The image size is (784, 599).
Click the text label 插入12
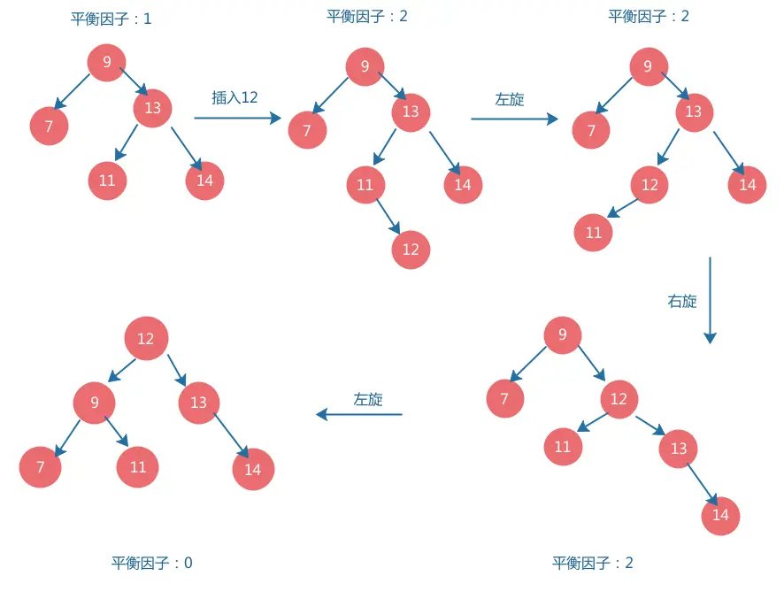point(234,97)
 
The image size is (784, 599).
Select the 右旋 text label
point(681,301)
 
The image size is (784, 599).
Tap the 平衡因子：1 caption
point(111,19)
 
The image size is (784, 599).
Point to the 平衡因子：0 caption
point(151,563)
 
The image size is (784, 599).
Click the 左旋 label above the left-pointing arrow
point(368,399)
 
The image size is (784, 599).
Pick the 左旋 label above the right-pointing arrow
point(510,99)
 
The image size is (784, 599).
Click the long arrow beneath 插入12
point(237,117)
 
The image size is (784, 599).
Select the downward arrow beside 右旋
point(709,300)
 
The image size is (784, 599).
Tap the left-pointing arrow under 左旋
point(359,414)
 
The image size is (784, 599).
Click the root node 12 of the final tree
point(146,339)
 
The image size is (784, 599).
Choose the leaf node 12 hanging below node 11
point(411,250)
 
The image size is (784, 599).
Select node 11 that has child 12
point(365,185)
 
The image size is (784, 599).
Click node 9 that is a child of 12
point(95,403)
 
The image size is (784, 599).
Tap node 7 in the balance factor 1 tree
point(50,127)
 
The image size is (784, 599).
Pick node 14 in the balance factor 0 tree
point(253,469)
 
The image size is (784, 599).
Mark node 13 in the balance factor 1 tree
point(153,108)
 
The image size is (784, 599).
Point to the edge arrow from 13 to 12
point(668,146)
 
